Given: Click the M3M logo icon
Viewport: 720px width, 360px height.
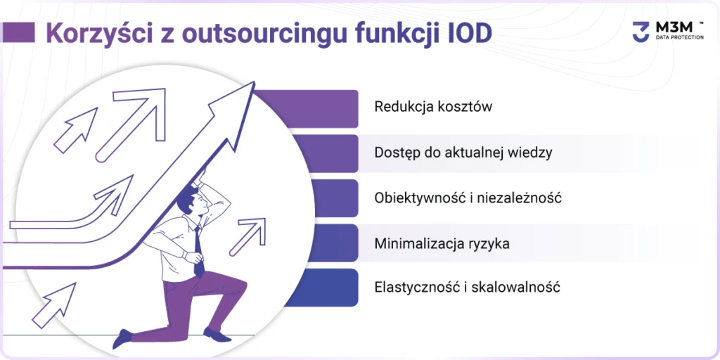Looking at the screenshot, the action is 641,32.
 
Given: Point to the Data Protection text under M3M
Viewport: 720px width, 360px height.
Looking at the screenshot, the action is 678,37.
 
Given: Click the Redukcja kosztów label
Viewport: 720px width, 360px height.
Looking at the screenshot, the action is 433,107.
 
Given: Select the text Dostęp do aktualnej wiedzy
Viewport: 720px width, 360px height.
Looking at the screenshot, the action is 463,153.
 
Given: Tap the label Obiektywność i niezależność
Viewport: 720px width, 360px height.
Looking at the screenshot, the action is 468,198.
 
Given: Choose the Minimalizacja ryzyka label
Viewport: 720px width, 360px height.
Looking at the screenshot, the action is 442,243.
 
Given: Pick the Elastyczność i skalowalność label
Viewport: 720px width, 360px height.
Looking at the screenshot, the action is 468,288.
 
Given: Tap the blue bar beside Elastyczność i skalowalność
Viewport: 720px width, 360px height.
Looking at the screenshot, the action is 323,288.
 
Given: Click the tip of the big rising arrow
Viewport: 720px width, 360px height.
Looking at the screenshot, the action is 254,82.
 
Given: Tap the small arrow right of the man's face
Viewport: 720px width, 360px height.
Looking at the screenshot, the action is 248,236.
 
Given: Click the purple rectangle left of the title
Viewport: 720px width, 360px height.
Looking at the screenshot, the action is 18,33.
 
